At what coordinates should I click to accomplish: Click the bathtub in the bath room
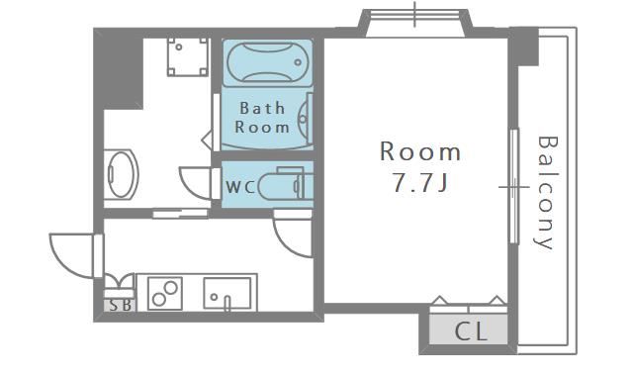[267, 64]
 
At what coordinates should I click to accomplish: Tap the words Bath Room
[263, 118]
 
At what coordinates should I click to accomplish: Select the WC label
[240, 186]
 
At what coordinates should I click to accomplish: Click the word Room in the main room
[421, 151]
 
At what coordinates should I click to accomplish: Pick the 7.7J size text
[421, 184]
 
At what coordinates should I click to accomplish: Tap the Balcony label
[545, 192]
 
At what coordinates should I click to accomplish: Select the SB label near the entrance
[120, 306]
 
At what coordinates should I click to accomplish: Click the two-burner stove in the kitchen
[164, 294]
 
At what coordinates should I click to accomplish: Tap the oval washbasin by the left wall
[121, 175]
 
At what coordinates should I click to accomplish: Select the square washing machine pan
[186, 58]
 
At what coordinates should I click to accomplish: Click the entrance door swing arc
[71, 253]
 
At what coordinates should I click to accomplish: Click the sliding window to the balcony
[513, 185]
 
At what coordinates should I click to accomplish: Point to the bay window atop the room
[415, 22]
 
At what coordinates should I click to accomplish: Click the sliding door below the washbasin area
[180, 212]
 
